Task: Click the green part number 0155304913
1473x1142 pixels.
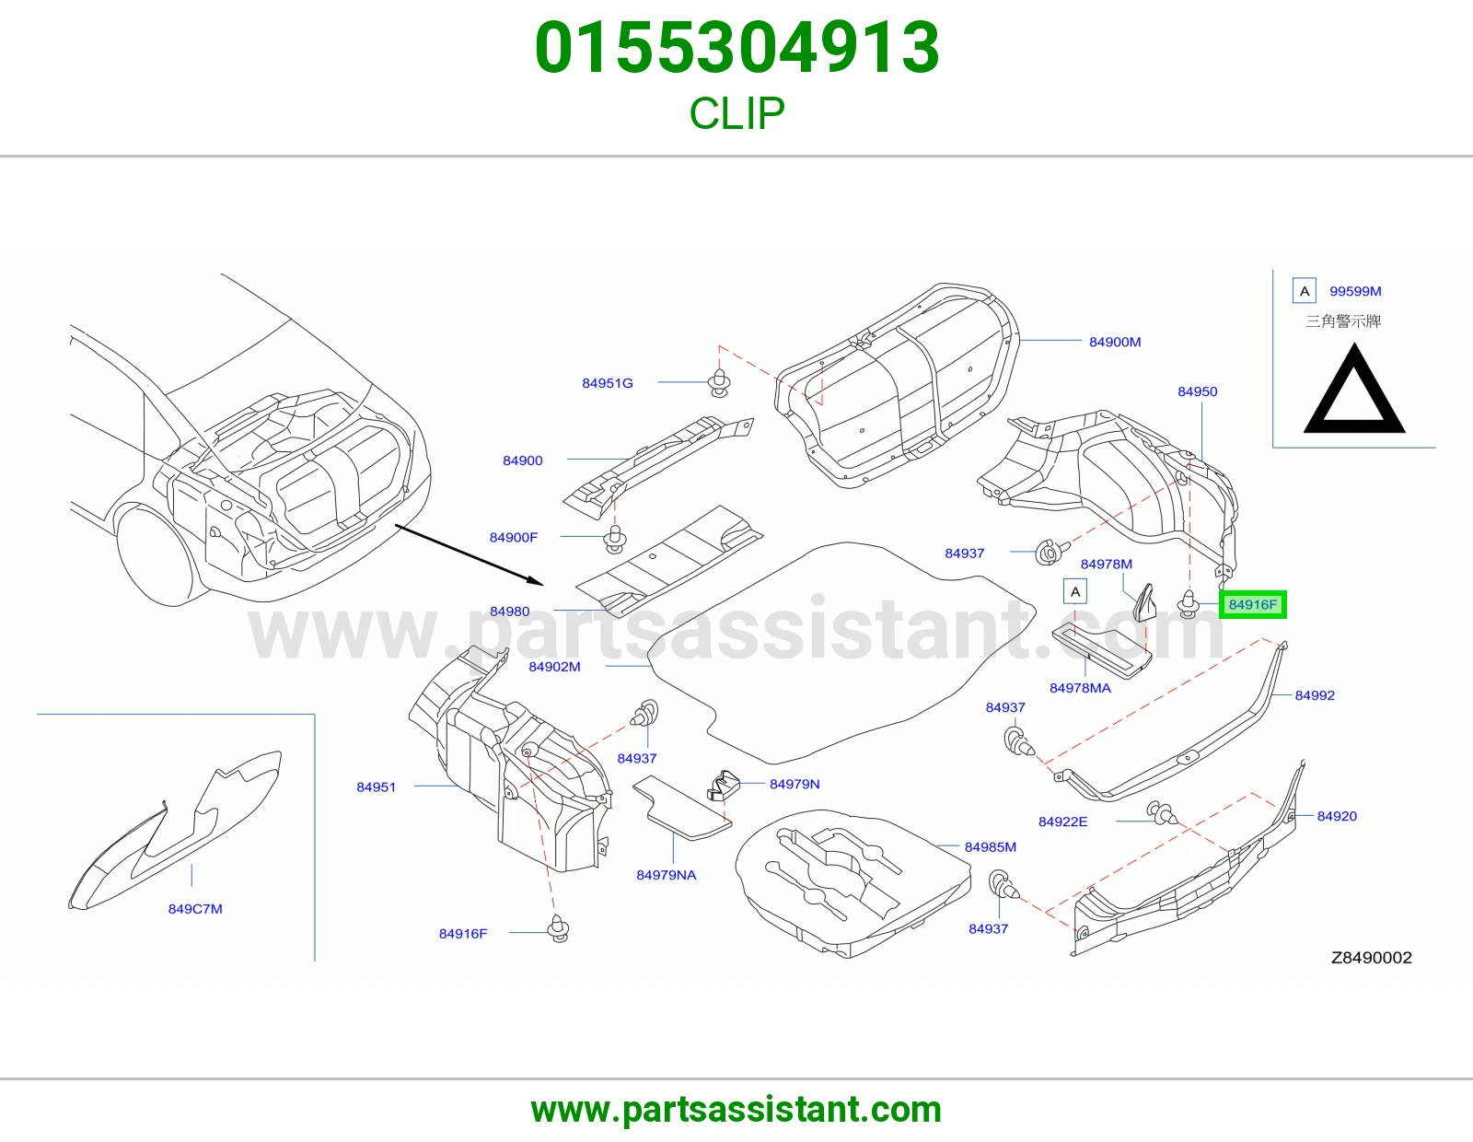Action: pos(736,47)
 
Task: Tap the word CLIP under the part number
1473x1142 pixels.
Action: pos(736,113)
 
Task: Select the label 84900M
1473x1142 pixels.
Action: pos(1114,342)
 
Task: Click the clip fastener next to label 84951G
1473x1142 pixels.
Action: pos(719,383)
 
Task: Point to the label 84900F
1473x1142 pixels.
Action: pos(513,537)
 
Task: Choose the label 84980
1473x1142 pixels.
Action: pos(509,611)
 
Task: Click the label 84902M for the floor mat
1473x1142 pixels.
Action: pos(554,667)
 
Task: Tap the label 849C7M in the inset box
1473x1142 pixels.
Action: pos(195,909)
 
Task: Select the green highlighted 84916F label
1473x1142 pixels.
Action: pos(1253,604)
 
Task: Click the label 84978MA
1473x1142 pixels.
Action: pos(1080,688)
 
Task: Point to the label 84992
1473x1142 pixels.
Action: pos(1315,695)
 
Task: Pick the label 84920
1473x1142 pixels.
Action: pos(1337,816)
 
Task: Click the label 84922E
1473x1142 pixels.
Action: pos(1062,822)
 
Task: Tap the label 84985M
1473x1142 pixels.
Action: pos(991,847)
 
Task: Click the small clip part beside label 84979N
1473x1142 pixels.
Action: pos(723,785)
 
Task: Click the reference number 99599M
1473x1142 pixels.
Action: pos(1355,291)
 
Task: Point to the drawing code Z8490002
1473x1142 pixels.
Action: pos(1372,957)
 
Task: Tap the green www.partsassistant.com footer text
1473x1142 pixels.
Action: pos(736,1110)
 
